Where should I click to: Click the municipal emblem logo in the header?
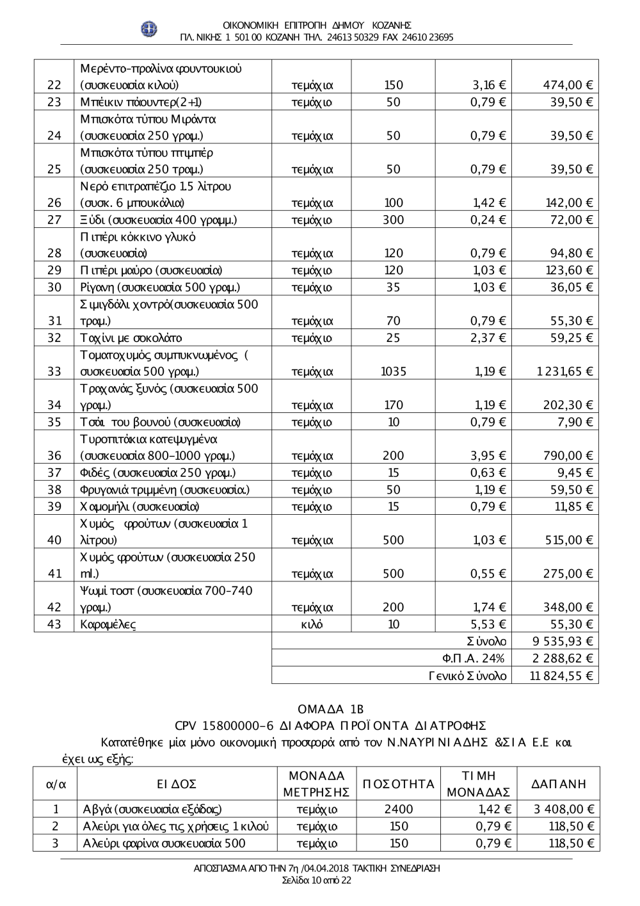tap(149, 29)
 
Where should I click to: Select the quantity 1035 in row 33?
tap(394, 371)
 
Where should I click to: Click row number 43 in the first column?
tap(54, 624)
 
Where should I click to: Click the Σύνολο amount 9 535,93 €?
tap(563, 642)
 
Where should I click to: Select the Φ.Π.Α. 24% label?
tap(473, 658)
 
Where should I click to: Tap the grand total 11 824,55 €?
tap(561, 675)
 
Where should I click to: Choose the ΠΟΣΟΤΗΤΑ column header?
tap(398, 784)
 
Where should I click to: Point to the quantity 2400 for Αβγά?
tap(399, 809)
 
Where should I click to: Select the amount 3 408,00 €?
tap(564, 809)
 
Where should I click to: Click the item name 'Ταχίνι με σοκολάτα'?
tap(131, 338)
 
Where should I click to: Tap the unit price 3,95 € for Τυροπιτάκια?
tap(488, 456)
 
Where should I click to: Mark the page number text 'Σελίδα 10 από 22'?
tap(317, 880)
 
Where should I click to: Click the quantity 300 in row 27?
tap(394, 220)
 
